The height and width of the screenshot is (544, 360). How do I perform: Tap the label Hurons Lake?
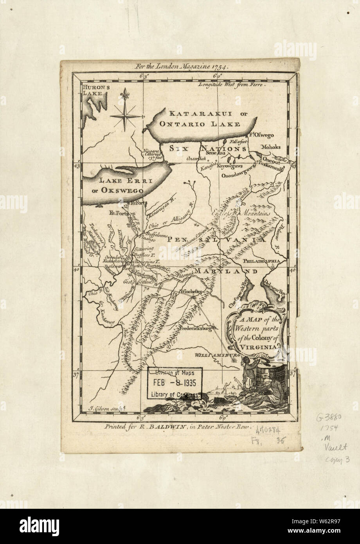95,90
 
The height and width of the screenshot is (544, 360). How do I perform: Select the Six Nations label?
208,149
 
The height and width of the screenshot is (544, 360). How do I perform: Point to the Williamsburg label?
216,355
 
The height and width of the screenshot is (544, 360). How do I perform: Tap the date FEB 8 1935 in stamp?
175,383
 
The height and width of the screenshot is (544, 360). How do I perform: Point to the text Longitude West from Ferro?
232,84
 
